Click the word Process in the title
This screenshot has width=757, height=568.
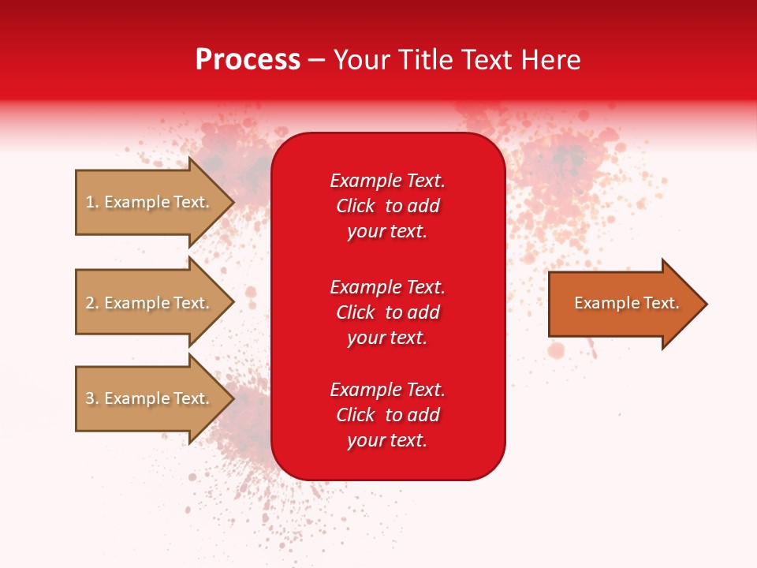click(248, 60)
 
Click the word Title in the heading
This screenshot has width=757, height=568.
click(424, 60)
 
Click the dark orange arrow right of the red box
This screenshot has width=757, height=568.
click(623, 304)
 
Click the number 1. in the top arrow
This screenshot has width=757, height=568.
click(92, 202)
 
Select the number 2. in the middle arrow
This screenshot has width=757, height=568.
click(92, 303)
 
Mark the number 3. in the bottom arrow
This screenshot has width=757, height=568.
click(92, 398)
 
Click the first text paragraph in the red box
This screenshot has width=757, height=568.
click(387, 206)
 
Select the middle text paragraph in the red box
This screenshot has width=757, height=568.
click(387, 312)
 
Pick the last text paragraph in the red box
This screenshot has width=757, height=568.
click(387, 415)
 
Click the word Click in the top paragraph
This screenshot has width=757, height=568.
click(355, 206)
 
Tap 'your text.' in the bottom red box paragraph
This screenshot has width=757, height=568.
click(387, 440)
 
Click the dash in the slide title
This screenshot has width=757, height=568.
click(317, 61)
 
